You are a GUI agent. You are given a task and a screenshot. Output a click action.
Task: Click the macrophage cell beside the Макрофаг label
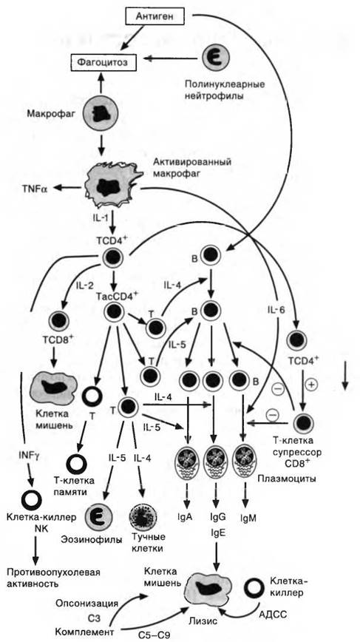point(101,112)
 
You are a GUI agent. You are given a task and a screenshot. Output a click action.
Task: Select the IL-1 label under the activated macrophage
point(98,220)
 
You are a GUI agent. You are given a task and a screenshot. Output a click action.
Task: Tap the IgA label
point(186,517)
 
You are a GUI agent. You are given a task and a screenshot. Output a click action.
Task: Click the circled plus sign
point(311,385)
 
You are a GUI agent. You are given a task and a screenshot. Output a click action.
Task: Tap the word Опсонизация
point(87,604)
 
